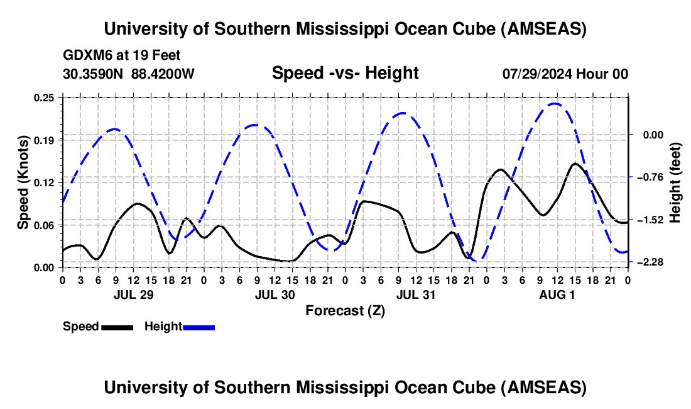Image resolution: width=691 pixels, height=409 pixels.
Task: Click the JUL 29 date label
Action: click(133, 294)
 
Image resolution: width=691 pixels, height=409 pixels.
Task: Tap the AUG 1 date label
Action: click(557, 294)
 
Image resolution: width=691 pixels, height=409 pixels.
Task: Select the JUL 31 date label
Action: click(416, 294)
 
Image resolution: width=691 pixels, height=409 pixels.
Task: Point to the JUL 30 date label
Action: click(275, 294)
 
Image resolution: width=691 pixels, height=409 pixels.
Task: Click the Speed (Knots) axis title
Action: click(23, 182)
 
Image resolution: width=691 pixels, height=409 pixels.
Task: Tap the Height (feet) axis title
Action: click(675, 182)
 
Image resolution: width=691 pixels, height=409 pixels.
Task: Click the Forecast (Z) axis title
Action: click(345, 310)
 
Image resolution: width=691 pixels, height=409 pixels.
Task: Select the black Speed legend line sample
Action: click(117, 327)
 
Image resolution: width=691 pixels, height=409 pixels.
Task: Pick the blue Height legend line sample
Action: click(199, 327)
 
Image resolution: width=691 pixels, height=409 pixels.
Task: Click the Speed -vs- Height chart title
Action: click(345, 74)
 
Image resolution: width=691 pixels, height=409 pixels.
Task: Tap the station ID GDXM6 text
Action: click(85, 55)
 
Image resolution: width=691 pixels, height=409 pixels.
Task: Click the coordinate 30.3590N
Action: click(94, 74)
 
